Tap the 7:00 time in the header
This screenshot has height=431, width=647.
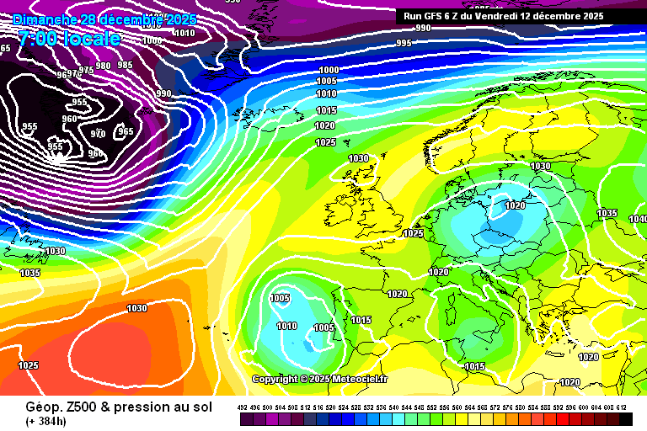40,38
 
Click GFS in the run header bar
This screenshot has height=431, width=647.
436,15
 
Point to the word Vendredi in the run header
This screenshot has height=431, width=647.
500,15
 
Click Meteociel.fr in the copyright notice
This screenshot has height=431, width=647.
360,379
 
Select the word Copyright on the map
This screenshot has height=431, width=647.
275,379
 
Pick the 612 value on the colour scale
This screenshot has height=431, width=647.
622,407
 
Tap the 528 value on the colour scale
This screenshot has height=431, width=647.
357,407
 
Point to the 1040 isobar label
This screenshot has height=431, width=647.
638,219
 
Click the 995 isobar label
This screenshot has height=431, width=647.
404,43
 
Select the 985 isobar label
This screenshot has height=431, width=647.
125,65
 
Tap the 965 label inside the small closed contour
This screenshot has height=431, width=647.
126,131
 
